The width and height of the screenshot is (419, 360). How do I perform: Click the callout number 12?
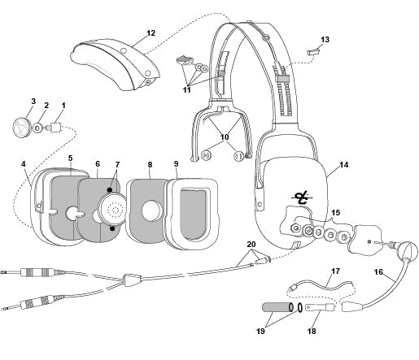[150, 33]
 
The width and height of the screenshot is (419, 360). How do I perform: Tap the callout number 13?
[325, 39]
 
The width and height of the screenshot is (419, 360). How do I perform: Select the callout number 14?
[343, 165]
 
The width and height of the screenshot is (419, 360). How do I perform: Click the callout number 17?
[334, 271]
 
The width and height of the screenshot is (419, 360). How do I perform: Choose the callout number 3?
[33, 102]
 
